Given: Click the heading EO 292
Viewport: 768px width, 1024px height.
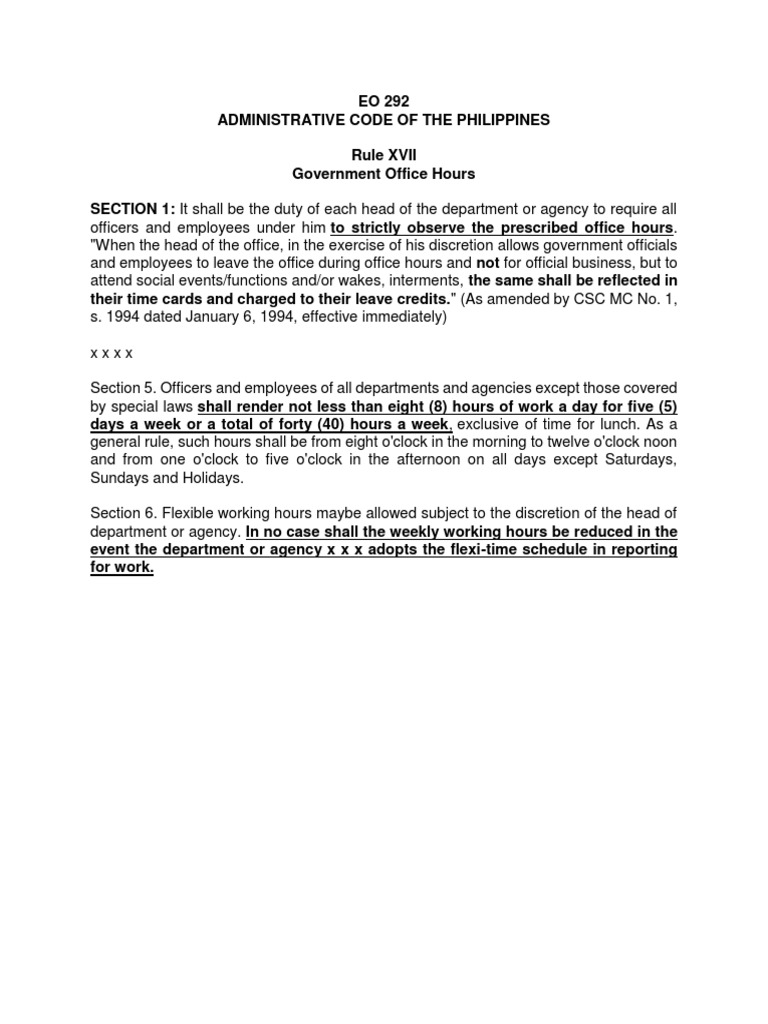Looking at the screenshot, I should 384,101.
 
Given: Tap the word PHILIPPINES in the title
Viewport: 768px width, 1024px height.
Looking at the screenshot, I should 496,120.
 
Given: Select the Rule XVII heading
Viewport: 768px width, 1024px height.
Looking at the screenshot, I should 384,155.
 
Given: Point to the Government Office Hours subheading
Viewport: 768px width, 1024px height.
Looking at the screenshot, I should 384,174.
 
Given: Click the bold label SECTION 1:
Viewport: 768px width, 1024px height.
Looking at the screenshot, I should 133,209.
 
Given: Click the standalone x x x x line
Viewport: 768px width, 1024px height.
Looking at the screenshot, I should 111,353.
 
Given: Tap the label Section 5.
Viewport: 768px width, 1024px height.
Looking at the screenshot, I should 123,388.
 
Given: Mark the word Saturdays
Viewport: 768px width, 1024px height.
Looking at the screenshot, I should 637,460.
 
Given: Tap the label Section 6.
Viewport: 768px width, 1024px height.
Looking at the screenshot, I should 123,514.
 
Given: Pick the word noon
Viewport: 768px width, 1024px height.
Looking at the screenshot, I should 659,442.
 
